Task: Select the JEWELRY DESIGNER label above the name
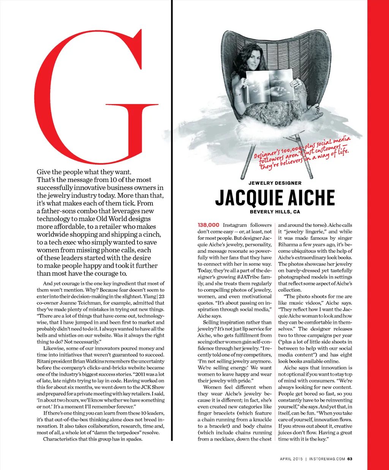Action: point(275,183)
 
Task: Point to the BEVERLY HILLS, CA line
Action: point(275,212)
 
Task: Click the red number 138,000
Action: point(209,225)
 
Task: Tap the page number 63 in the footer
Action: point(350,459)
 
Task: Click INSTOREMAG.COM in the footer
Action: point(327,459)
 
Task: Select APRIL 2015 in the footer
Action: point(291,459)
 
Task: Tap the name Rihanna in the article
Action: point(289,244)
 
